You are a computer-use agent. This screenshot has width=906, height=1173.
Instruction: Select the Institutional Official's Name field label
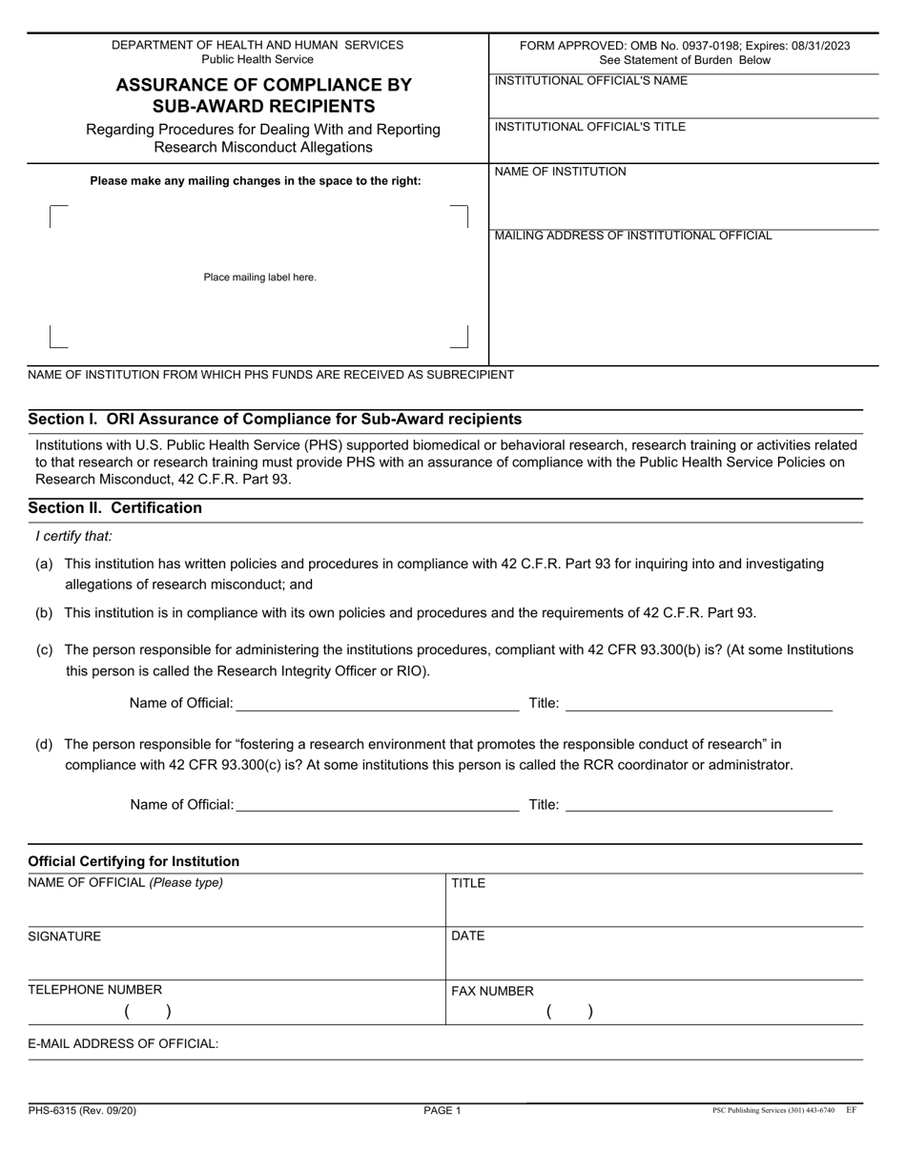coord(590,81)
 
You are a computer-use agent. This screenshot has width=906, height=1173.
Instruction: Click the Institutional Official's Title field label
coord(589,127)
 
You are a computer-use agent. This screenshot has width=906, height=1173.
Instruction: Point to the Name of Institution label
coord(560,172)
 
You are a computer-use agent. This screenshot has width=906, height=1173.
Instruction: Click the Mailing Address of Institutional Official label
coord(633,236)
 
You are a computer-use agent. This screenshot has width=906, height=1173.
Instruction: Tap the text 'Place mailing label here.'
coord(259,278)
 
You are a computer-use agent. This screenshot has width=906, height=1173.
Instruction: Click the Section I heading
coord(275,419)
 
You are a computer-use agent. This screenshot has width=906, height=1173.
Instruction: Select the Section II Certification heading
coord(114,508)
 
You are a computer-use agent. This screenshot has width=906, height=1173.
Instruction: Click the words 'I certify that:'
coord(73,536)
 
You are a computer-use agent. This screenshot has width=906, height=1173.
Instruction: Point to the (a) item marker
coord(44,564)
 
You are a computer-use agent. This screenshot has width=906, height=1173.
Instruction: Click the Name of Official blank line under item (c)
coord(377,704)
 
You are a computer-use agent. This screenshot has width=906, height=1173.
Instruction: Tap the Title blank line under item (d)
coord(699,805)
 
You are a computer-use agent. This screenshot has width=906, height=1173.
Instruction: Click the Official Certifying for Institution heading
coord(134,861)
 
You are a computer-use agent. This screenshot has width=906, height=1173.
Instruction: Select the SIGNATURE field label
coord(64,936)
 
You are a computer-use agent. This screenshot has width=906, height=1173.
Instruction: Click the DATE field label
coord(467,936)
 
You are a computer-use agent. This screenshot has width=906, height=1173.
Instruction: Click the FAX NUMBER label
coord(492,991)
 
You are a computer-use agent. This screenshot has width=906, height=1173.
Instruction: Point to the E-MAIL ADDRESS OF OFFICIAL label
coord(123,1043)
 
